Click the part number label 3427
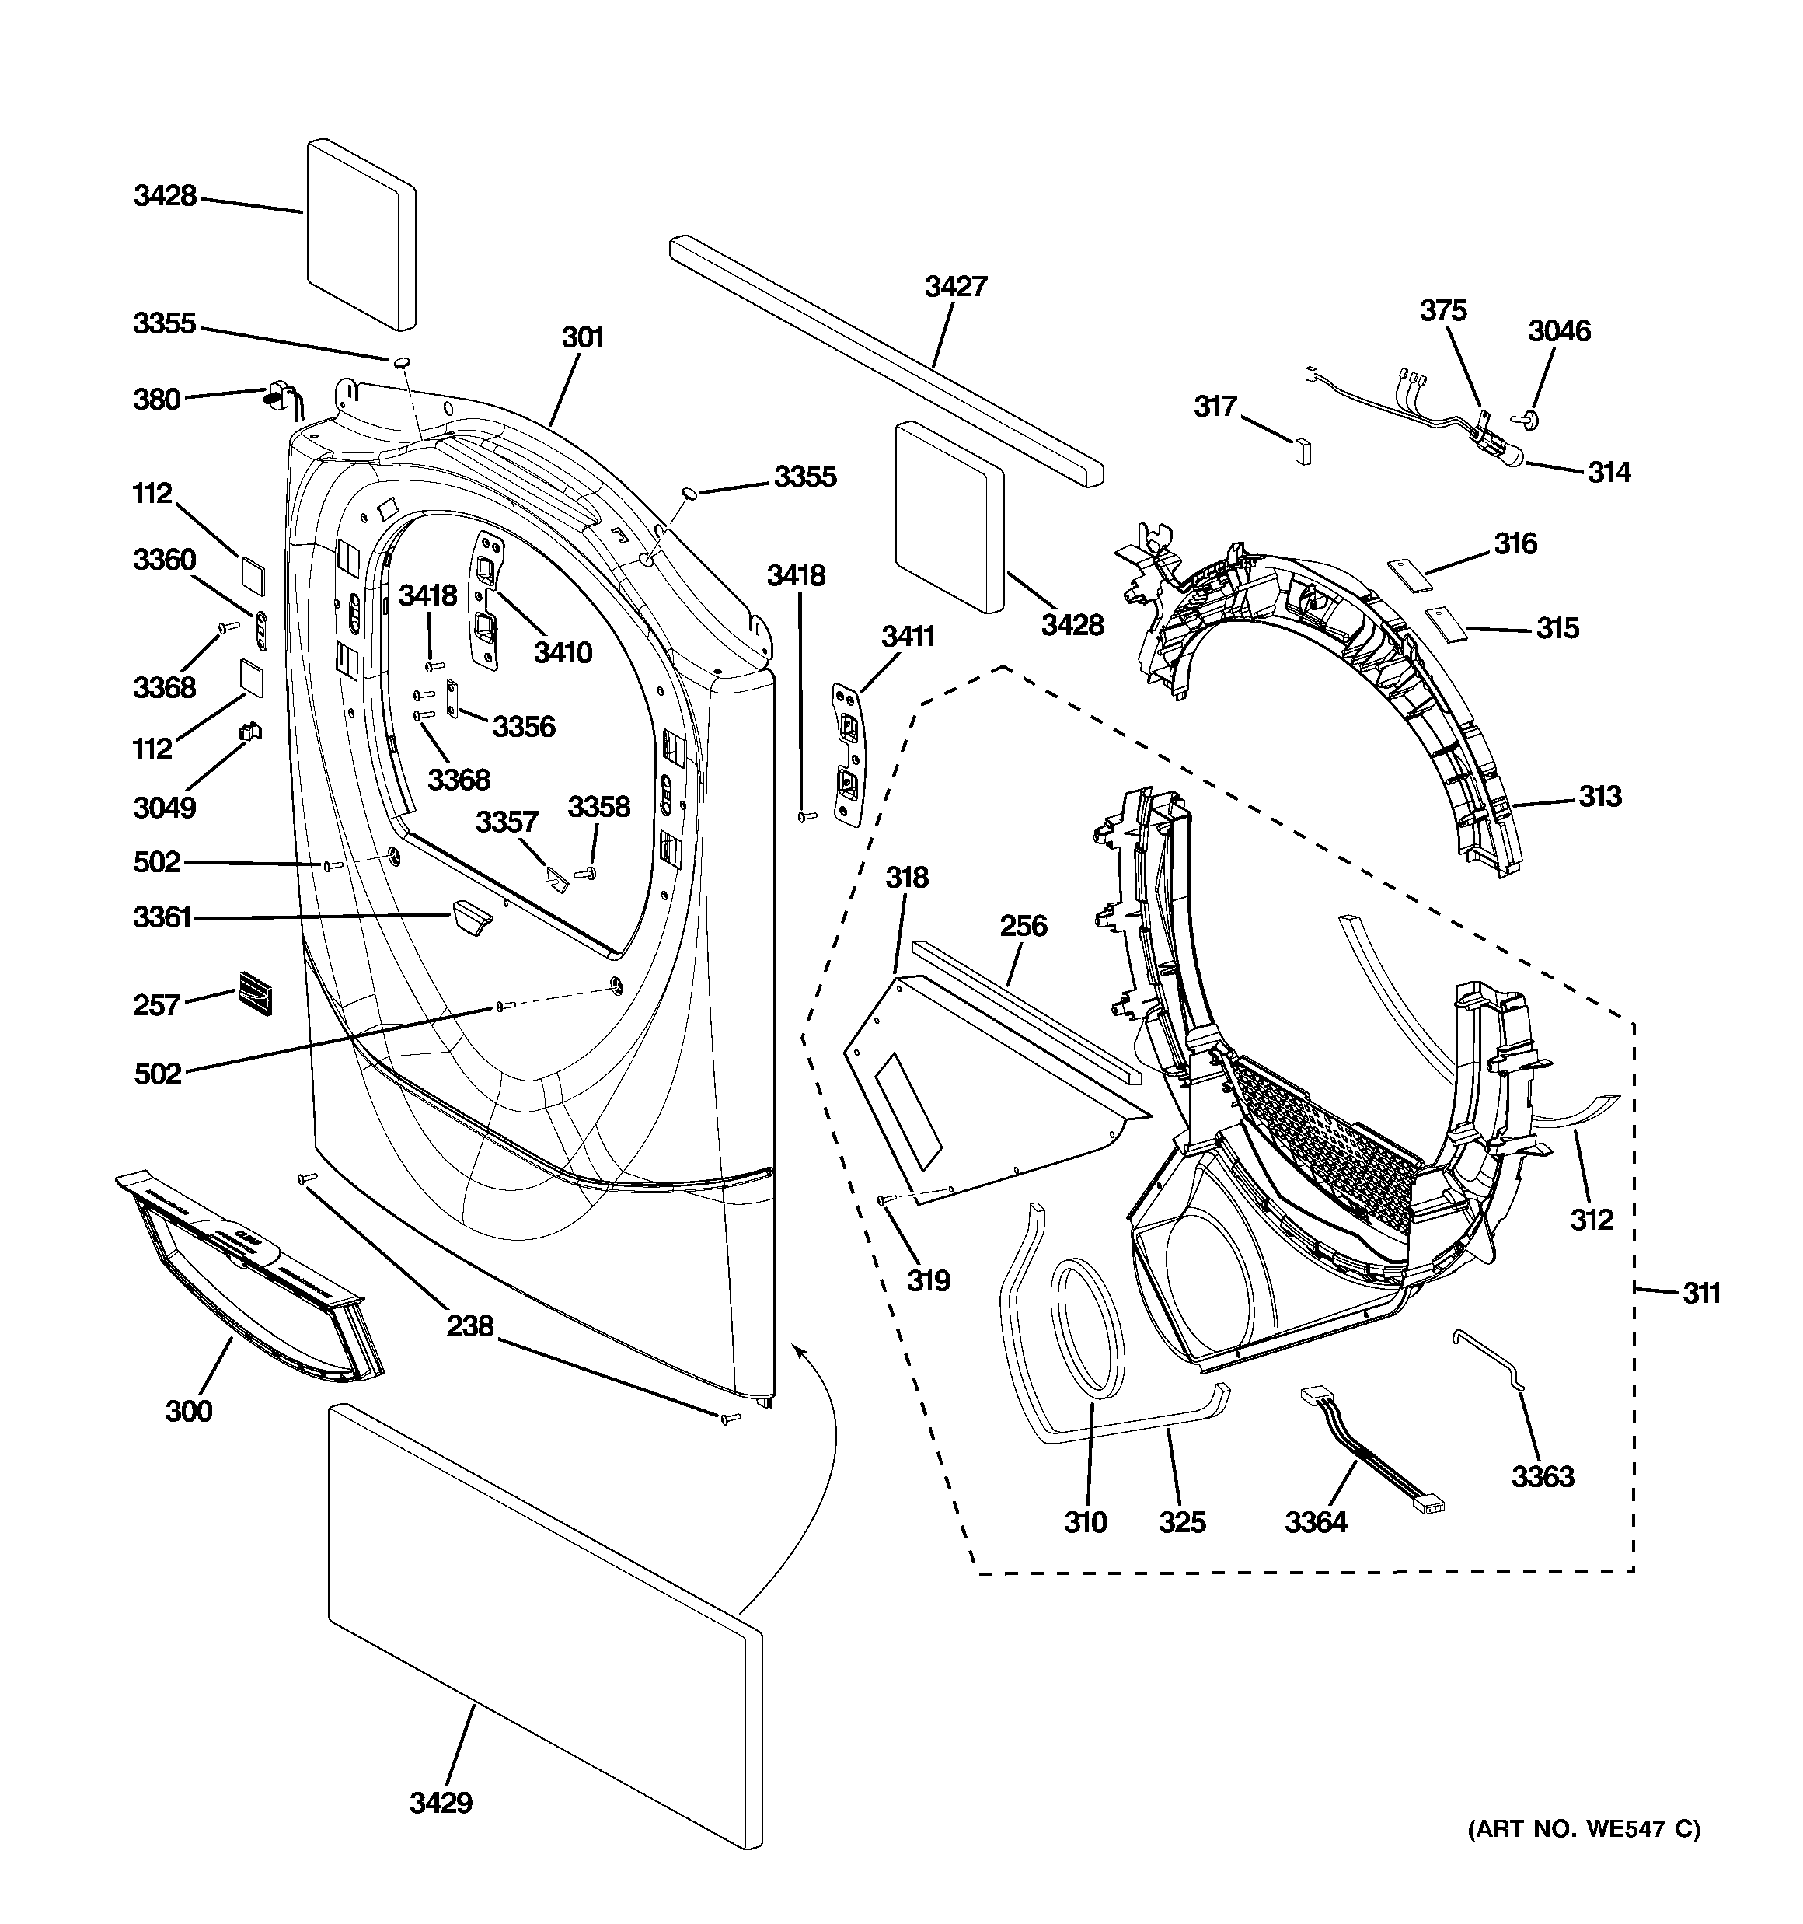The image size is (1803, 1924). point(955,287)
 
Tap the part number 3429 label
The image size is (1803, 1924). point(441,1803)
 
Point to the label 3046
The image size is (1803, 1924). point(1559,331)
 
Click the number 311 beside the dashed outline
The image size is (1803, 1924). point(1700,1292)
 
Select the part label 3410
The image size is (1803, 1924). point(563,652)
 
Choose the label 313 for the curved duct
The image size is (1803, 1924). point(1599,797)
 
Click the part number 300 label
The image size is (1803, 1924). point(188,1411)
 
